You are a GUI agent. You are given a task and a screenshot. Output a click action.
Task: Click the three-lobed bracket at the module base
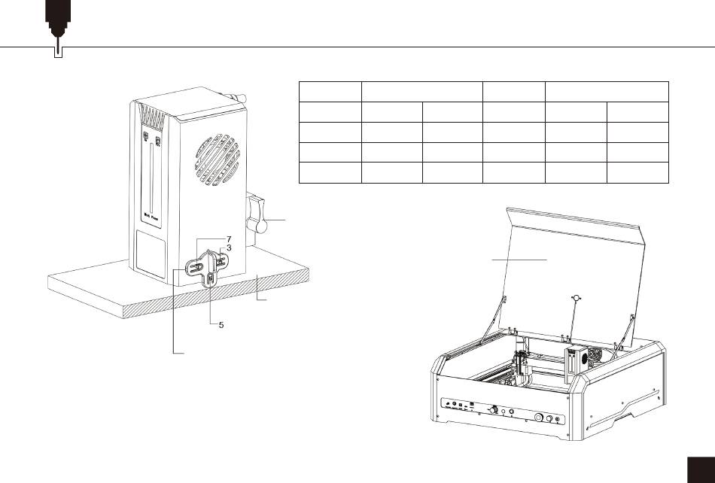(x=204, y=267)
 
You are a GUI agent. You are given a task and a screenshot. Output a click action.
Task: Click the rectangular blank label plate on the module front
(x=151, y=253)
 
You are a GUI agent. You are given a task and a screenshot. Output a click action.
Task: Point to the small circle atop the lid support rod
(x=576, y=298)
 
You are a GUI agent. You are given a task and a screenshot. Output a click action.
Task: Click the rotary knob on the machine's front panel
(x=494, y=410)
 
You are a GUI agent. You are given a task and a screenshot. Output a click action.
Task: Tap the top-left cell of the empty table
(x=330, y=91)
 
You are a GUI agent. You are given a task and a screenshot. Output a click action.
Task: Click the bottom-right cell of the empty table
(x=637, y=172)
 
